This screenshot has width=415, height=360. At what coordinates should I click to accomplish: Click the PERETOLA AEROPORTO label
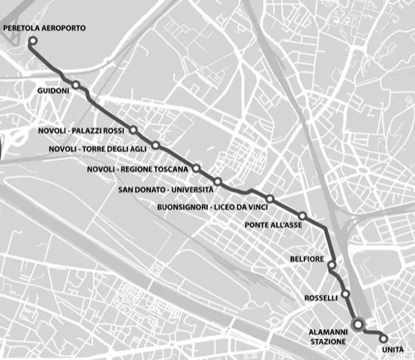[x=44, y=28]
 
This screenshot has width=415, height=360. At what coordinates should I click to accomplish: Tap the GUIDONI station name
[x=53, y=91]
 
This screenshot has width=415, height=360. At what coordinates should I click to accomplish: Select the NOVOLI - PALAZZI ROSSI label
[x=80, y=131]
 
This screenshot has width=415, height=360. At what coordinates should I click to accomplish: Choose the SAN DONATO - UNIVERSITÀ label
[x=166, y=189]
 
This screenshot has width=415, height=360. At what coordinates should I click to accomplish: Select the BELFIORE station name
[x=305, y=259]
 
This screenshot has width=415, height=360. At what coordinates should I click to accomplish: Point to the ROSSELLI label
[x=320, y=298]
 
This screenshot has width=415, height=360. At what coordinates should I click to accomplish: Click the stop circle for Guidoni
[x=77, y=84]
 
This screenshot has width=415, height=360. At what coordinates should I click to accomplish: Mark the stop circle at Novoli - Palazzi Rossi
[x=133, y=130]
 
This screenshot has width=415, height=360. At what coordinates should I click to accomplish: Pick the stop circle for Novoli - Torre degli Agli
[x=155, y=145]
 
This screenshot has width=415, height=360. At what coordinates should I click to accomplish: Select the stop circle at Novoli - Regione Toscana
[x=196, y=168]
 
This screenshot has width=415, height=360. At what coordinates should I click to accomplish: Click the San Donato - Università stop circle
[x=218, y=181]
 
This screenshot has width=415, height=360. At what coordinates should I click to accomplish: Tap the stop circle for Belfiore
[x=332, y=265]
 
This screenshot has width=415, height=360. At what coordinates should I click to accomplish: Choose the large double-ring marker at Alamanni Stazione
[x=359, y=325]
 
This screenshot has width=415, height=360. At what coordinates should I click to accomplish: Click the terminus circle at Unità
[x=384, y=338]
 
